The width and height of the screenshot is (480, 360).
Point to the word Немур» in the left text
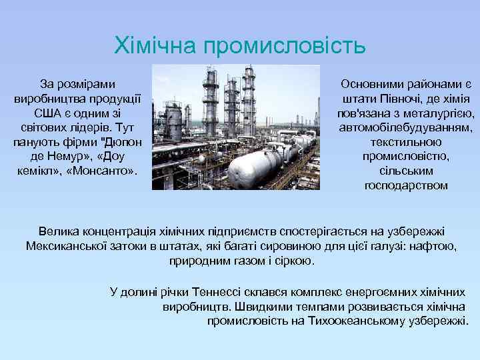tap(70, 156)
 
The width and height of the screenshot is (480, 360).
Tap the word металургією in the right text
tap(440, 113)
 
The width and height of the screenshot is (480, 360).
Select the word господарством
tap(406, 185)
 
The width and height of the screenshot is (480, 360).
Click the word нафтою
tap(433, 246)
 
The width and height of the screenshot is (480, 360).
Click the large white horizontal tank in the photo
tap(253, 164)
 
